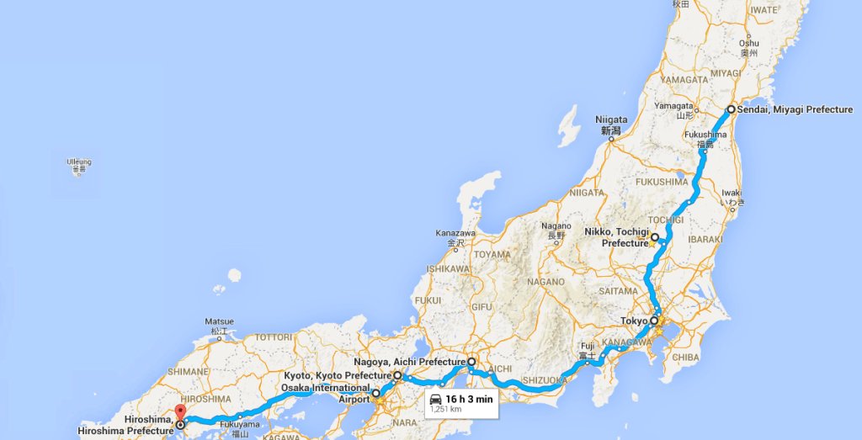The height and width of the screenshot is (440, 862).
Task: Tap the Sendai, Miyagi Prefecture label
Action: coord(795,109)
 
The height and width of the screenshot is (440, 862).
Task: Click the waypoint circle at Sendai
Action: coord(731,109)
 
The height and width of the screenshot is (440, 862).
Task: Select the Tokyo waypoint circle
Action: coord(654,321)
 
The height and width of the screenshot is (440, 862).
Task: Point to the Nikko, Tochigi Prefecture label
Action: coord(617,236)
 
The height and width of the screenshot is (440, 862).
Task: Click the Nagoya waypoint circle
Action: coord(471,362)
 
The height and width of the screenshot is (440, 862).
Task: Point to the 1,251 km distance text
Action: coord(446,410)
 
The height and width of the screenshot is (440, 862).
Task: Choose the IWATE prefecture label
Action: coord(764,9)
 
